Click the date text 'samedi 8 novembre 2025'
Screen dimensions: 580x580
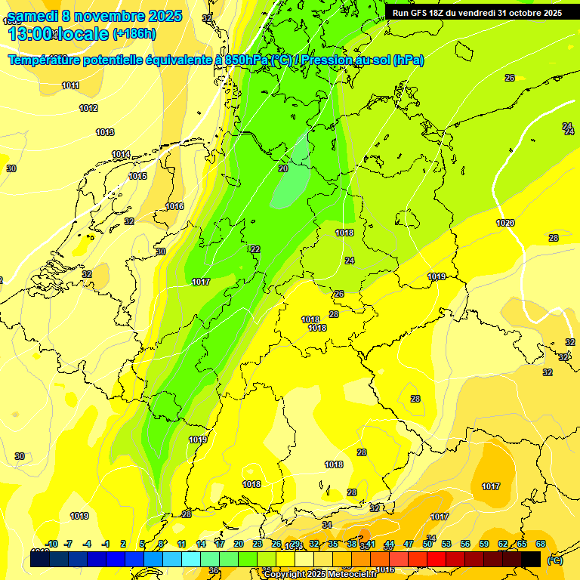point(94,16)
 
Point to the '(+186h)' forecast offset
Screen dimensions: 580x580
point(134,34)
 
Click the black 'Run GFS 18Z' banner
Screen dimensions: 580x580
point(477,13)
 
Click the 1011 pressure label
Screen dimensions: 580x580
point(71,85)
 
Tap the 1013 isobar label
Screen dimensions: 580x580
point(105,132)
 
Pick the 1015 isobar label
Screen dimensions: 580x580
point(137,176)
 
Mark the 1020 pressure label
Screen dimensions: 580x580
point(505,223)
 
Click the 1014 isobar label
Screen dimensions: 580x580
point(121,154)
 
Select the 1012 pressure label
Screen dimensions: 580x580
point(88,108)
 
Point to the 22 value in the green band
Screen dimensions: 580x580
point(255,249)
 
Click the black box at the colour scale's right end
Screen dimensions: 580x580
point(531,559)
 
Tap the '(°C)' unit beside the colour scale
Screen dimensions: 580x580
point(555,560)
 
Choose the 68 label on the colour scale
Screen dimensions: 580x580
point(541,544)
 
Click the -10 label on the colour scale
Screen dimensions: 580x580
point(51,544)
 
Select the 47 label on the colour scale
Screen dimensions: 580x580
point(409,544)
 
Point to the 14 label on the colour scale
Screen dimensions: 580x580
point(201,544)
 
